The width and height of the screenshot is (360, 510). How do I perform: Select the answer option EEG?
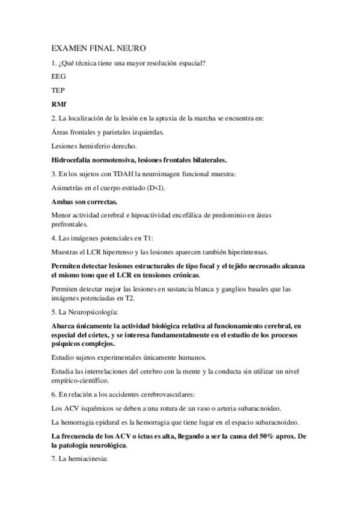tap(59, 76)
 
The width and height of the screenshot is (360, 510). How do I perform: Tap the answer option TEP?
tap(58, 90)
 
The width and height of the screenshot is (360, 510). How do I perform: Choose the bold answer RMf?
tap(59, 104)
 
